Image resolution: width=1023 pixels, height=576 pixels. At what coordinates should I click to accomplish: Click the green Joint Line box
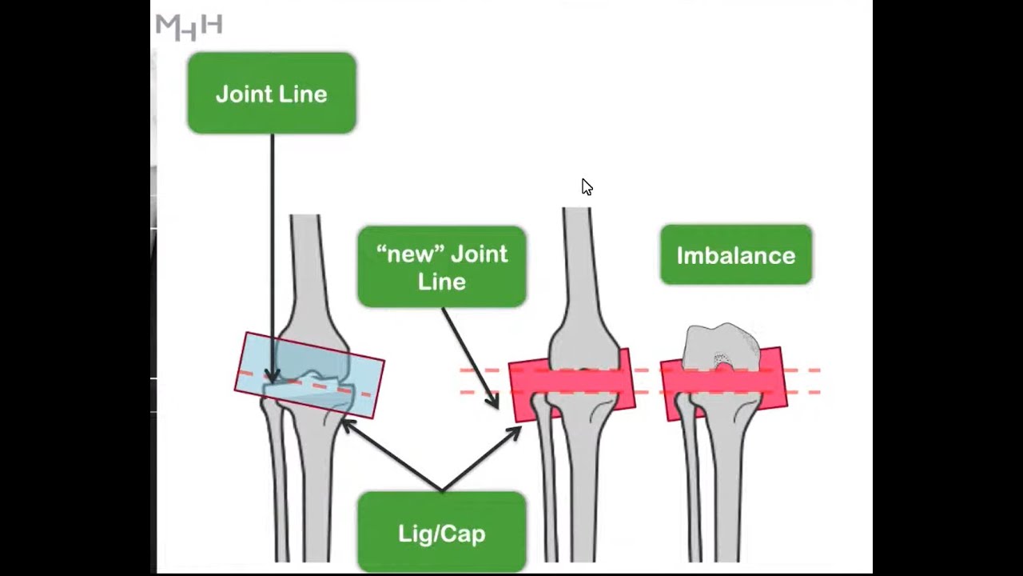pyautogui.click(x=272, y=93)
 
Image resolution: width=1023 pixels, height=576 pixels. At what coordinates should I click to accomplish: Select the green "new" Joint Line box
pyautogui.click(x=441, y=266)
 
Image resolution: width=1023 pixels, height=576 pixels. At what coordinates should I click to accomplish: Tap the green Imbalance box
pyautogui.click(x=736, y=255)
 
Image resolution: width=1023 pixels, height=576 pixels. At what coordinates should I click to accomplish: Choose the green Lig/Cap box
pyautogui.click(x=441, y=533)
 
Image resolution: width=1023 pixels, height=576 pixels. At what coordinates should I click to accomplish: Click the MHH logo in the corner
pyautogui.click(x=189, y=26)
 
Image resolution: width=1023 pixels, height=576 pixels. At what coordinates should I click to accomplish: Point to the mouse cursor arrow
pyautogui.click(x=587, y=187)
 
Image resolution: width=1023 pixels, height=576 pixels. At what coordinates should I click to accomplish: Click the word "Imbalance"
pyautogui.click(x=736, y=255)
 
